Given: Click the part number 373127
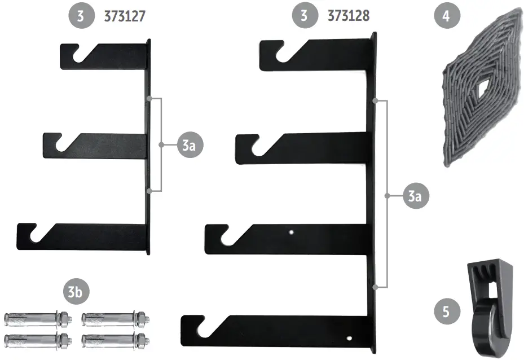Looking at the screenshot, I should (125, 17).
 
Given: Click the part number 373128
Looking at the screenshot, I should (349, 16).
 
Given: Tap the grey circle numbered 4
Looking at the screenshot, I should (446, 16).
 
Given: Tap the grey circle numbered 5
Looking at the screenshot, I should (446, 311).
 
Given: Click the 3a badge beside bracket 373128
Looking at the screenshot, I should (415, 196).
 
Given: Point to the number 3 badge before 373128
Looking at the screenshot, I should (305, 16).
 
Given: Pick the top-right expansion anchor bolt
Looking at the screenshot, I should (115, 318).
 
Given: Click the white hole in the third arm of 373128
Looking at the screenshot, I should (291, 231).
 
